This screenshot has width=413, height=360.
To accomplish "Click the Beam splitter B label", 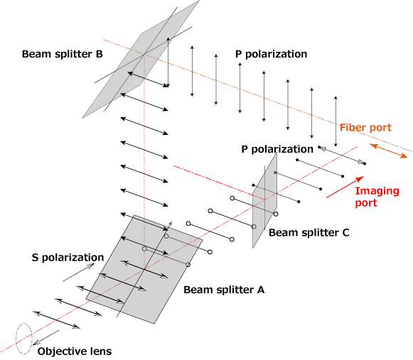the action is pos(62,54).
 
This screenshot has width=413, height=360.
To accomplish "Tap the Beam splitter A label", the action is pos(224,290).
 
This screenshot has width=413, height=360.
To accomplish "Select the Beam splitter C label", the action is pos(309,233).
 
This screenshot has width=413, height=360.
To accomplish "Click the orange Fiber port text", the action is pos(365,127).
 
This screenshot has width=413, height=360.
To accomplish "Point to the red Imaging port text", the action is pos(377,197).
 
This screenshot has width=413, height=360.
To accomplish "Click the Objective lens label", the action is pos(75,351).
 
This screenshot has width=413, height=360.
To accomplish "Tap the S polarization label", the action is pos(68,257).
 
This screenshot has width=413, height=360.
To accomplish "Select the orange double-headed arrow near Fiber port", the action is pos(389,151).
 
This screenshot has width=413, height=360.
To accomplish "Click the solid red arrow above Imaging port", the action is pos(345,187).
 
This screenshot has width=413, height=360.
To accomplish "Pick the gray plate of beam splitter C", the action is pos(264,200).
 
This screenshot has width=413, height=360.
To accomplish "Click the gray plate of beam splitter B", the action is pos(140,59).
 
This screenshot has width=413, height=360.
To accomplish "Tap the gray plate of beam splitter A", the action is pos(144,269).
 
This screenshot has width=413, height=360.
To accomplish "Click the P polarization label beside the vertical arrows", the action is pos(271,54).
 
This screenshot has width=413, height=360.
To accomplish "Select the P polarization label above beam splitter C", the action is pos(277,149).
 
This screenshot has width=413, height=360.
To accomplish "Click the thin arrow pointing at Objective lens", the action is pos(45,337).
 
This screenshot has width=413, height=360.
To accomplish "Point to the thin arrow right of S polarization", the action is pos(78,273).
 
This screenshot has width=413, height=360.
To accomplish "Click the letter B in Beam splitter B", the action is pos(99,54).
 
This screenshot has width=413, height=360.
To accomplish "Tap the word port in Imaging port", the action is pos(366,203).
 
